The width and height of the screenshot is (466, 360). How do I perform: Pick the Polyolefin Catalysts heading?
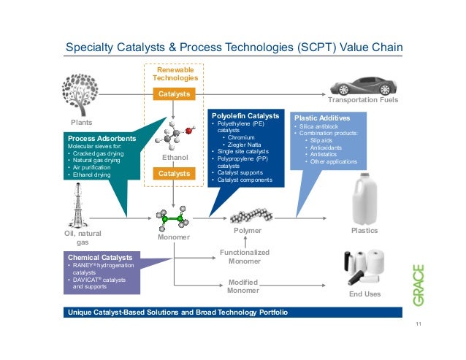tap(245, 115)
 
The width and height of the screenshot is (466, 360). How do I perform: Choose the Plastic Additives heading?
tap(321, 117)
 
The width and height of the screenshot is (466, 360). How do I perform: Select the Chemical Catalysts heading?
tap(100, 258)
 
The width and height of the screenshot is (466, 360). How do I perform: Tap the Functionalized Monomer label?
tap(244, 256)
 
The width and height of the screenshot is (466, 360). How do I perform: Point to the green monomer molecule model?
tap(174, 218)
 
